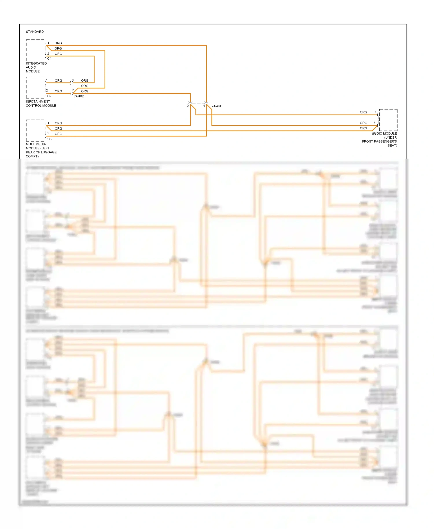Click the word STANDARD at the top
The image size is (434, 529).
coord(35,32)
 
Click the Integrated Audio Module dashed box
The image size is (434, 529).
coord(35,50)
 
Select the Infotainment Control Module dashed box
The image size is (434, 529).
coord(35,87)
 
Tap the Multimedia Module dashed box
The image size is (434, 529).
coord(35,130)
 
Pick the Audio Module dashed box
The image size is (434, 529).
coord(388,120)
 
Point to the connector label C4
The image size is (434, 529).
coord(49,58)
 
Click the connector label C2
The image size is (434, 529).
coord(49,96)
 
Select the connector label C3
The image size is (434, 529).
coord(49,139)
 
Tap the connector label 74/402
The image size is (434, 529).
coord(79,96)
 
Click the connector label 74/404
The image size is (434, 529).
coord(216,106)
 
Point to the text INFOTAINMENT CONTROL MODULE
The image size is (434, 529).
coord(41,104)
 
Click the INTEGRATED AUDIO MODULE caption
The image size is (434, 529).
coord(36,67)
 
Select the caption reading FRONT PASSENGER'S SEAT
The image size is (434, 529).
coord(379,143)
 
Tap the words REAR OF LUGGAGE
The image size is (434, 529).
coord(41,152)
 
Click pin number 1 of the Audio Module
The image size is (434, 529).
coord(376,112)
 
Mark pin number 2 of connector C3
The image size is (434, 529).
coord(48,133)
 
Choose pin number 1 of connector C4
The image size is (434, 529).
coord(48,43)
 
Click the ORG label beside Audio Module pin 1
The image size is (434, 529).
coord(363,112)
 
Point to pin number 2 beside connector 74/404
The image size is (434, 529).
coord(188,106)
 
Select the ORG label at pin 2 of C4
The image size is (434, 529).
coord(58,54)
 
